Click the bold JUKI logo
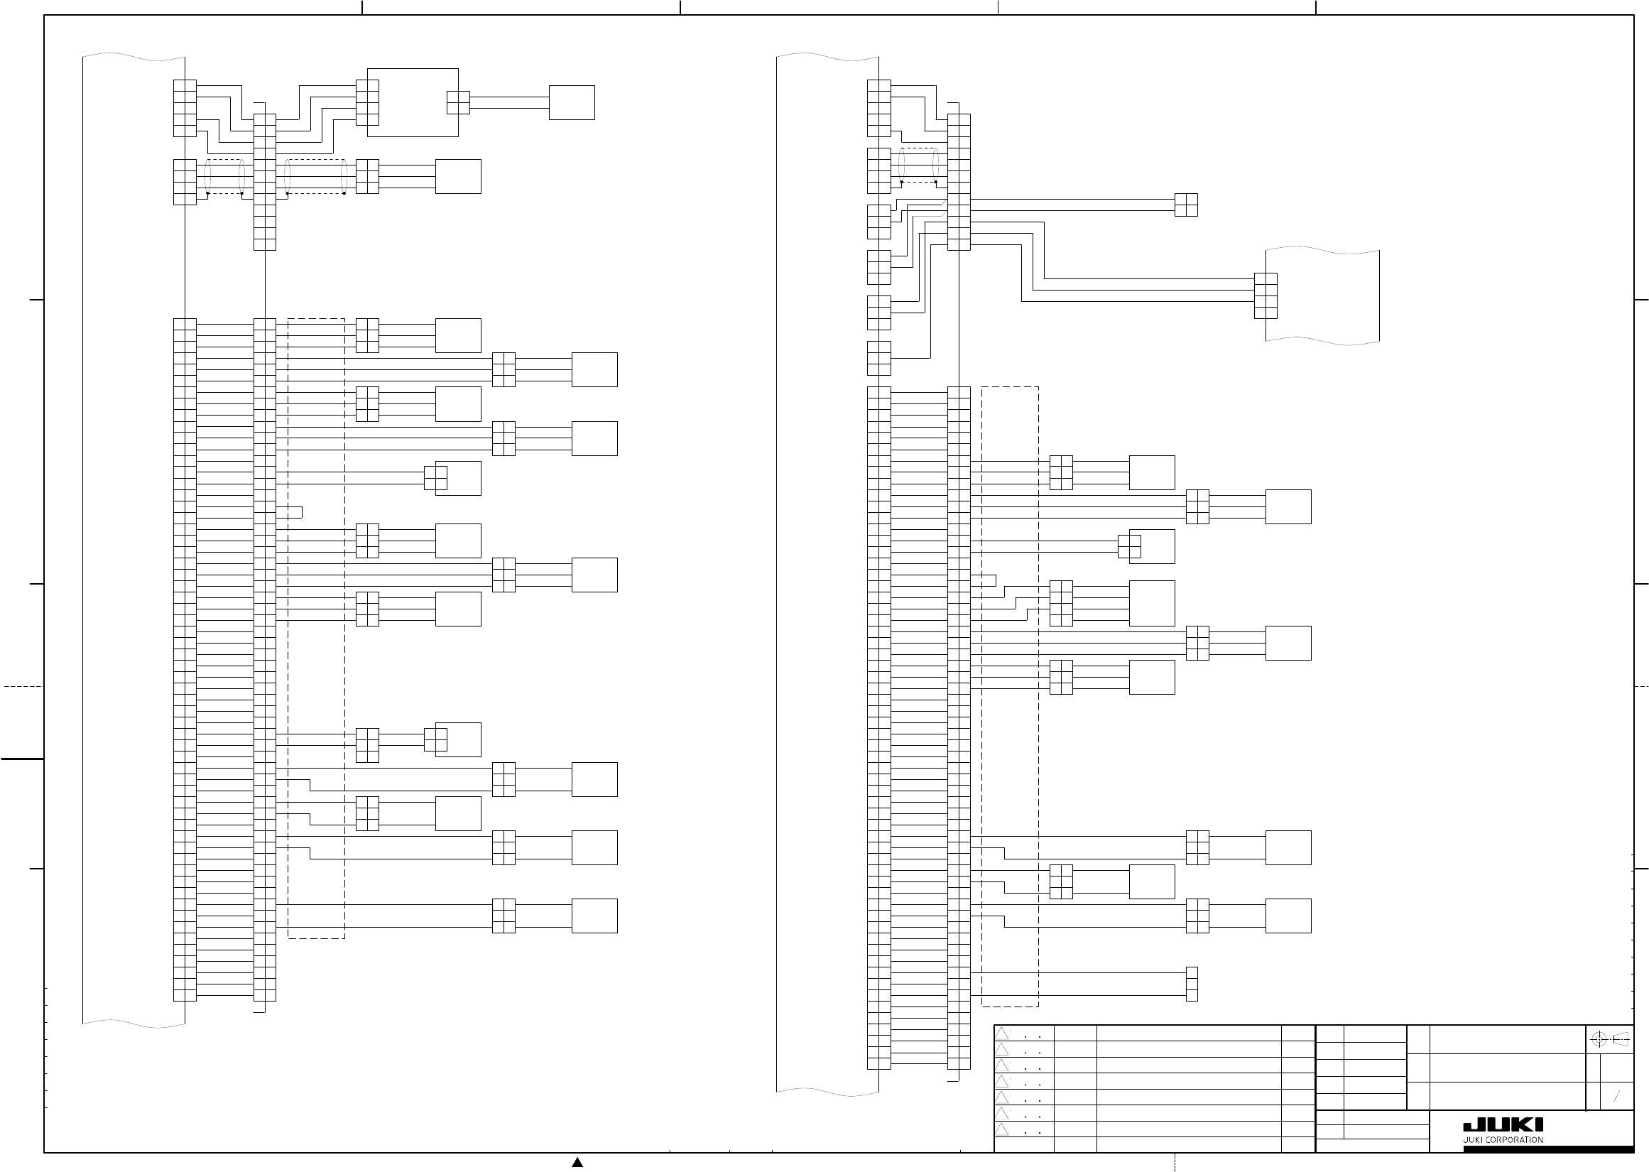(x=1503, y=1124)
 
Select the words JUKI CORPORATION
(x=1503, y=1140)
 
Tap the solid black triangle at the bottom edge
(x=577, y=1162)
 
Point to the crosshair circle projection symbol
(x=1599, y=1040)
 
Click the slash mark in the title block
(x=1616, y=1096)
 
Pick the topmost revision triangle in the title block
(x=1002, y=1033)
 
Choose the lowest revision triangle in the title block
(x=1002, y=1129)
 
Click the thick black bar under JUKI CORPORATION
(x=1548, y=1149)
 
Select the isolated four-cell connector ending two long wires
(x=1186, y=205)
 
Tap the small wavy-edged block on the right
(x=1322, y=296)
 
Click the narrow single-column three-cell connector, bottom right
(x=1192, y=984)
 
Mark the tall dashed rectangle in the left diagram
(x=316, y=628)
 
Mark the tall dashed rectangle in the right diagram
(x=1010, y=696)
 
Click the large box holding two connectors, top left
(x=413, y=102)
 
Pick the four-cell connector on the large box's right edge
(x=458, y=102)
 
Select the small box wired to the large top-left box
(x=571, y=102)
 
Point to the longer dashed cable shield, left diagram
(x=315, y=176)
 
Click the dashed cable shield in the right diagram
(x=918, y=166)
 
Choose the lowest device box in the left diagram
(x=594, y=916)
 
